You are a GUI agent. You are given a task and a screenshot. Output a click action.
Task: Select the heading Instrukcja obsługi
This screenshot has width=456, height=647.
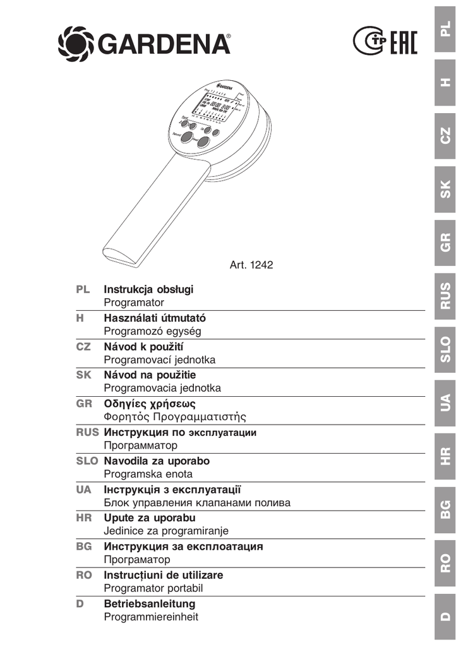pos(148,289)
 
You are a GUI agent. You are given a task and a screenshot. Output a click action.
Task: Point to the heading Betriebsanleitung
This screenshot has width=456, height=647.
pos(149,603)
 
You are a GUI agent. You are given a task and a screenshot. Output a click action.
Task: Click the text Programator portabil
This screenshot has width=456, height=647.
pos(153,588)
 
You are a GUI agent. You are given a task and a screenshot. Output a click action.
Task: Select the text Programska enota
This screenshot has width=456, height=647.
pos(148,473)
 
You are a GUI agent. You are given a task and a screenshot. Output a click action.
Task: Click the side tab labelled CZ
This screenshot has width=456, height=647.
pos(446,135)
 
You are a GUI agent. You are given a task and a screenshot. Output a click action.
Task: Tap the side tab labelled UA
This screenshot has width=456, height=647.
pos(446,401)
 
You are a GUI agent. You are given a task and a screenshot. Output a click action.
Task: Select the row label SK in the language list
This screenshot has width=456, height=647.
pos(83,375)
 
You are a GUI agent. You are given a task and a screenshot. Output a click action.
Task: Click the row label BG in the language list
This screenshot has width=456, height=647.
pos(83,546)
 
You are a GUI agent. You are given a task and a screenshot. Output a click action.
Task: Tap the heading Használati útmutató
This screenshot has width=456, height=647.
pos(155,318)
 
